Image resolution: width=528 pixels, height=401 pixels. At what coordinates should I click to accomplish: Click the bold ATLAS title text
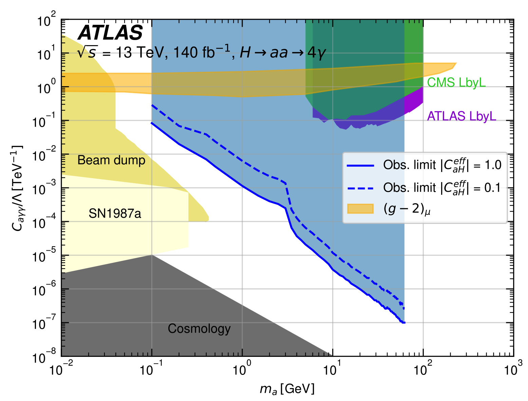(x=110, y=33)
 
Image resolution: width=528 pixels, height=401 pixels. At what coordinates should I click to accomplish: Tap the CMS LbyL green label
(x=456, y=82)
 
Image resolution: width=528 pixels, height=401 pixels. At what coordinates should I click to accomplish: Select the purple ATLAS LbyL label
(x=461, y=116)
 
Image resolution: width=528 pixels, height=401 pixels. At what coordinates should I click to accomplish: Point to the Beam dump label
(x=111, y=160)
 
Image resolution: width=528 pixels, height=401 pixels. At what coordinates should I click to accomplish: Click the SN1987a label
(x=115, y=214)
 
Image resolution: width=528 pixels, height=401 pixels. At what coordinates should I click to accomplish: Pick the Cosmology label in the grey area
(x=199, y=328)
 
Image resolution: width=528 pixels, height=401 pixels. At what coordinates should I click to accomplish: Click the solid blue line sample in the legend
(x=360, y=166)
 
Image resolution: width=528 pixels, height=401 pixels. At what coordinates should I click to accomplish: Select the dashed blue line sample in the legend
(x=360, y=188)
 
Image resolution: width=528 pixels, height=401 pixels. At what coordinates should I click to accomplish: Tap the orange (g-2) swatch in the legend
(x=360, y=209)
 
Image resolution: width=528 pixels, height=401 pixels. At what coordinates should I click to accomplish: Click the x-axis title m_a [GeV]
(x=287, y=389)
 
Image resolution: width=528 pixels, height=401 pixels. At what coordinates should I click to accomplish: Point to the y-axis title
(x=17, y=188)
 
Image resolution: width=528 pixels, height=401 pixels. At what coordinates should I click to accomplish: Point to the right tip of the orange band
(x=456, y=63)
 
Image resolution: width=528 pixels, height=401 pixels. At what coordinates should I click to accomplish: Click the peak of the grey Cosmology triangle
(x=152, y=255)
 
